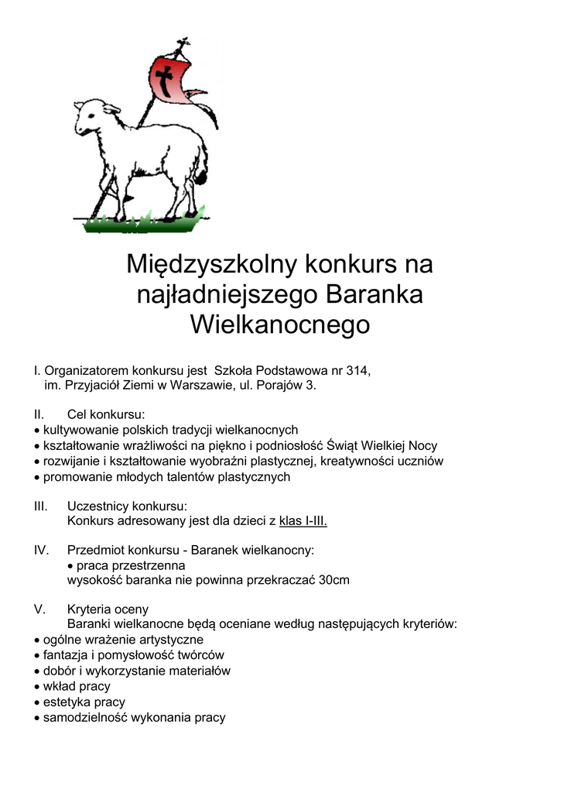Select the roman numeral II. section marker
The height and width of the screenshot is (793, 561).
pos(41,414)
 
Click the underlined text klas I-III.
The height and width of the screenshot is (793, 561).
pos(303,520)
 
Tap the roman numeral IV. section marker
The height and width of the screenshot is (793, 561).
pos(42,550)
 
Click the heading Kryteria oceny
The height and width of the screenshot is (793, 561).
pos(108,609)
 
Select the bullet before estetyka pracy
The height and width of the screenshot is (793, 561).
pos(37,702)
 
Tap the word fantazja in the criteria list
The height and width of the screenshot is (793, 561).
pos(67,654)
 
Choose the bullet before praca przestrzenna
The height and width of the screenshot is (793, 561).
pos(70,565)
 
